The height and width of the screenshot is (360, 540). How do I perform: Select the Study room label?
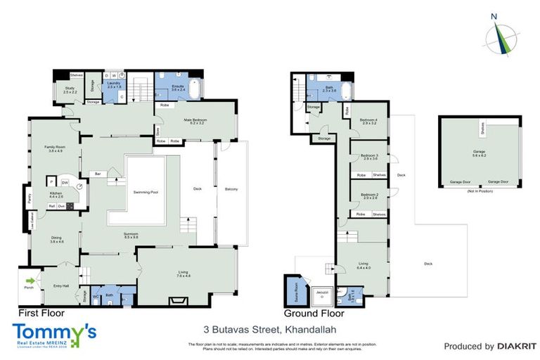[70, 90]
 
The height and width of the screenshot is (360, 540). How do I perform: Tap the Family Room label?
[56, 148]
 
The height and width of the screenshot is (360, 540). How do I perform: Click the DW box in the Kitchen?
[64, 181]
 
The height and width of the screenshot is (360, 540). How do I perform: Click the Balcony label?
[231, 189]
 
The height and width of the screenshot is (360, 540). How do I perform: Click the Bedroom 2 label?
[370, 195]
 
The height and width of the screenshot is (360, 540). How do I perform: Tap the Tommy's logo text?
[54, 331]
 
